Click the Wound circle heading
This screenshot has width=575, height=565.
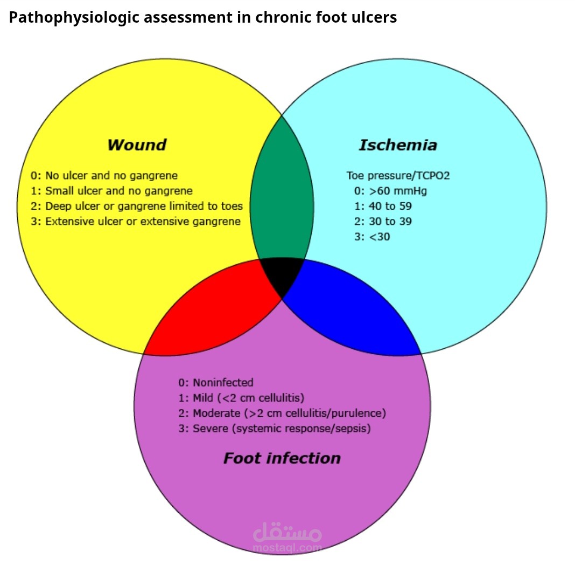pyautogui.click(x=137, y=145)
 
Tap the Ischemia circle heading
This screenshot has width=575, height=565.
pyautogui.click(x=398, y=145)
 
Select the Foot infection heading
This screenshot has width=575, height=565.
pyautogui.click(x=282, y=458)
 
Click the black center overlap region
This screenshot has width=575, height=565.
pyautogui.click(x=282, y=275)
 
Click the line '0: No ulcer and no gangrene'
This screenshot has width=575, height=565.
pyautogui.click(x=104, y=175)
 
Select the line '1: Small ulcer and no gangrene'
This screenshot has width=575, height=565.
pyautogui.click(x=111, y=191)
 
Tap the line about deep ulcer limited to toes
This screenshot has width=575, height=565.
pyautogui.click(x=137, y=206)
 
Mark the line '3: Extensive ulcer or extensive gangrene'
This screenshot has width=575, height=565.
pyautogui.click(x=136, y=222)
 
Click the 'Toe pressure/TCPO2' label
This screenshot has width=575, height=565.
pyautogui.click(x=398, y=175)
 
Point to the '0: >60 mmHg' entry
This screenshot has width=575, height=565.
pyautogui.click(x=390, y=191)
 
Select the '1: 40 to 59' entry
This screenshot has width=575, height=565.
pyautogui.click(x=383, y=206)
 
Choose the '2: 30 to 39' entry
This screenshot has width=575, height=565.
pyautogui.click(x=383, y=222)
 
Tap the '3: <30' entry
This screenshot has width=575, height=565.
pyautogui.click(x=372, y=237)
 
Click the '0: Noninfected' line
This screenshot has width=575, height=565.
pyautogui.click(x=215, y=383)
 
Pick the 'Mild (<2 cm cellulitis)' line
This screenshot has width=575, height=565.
pyautogui.click(x=241, y=398)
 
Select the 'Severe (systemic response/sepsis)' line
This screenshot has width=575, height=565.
pyautogui.click(x=274, y=429)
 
